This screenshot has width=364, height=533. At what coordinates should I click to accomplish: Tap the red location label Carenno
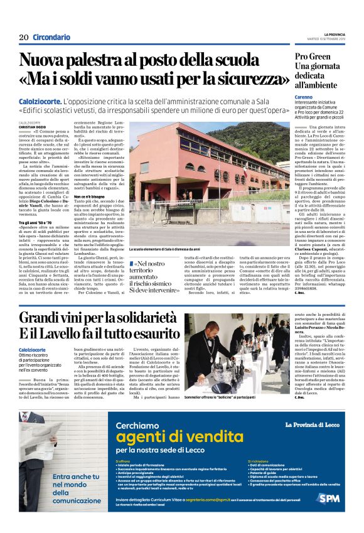tap(305, 98)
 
